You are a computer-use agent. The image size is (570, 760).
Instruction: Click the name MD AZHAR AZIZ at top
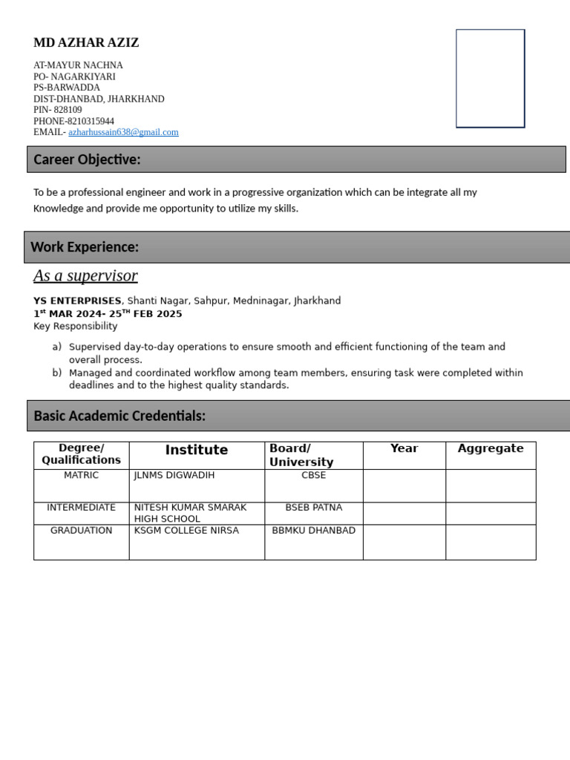(86, 43)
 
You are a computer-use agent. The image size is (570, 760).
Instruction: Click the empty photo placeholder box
(490, 79)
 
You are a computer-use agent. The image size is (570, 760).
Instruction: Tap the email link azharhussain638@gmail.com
(123, 132)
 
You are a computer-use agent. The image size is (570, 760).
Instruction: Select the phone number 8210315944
(91, 121)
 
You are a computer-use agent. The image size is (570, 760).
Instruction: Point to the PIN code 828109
(68, 110)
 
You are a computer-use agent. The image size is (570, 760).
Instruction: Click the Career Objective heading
(87, 160)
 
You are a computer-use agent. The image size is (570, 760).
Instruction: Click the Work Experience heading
(85, 247)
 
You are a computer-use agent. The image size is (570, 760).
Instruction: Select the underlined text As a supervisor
(85, 276)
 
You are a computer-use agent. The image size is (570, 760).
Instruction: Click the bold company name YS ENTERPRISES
(77, 301)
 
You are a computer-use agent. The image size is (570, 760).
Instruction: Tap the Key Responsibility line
(75, 326)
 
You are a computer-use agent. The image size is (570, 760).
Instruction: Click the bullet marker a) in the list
(57, 347)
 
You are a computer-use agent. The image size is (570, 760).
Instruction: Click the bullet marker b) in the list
(57, 373)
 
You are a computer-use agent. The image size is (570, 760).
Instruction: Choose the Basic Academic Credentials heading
(119, 416)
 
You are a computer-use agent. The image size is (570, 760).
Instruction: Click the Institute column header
(197, 450)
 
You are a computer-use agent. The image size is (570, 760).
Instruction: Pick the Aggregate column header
(491, 448)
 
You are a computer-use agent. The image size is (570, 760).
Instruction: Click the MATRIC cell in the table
(81, 475)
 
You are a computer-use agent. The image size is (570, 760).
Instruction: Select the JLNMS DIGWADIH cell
(174, 475)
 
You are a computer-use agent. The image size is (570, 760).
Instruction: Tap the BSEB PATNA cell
(314, 508)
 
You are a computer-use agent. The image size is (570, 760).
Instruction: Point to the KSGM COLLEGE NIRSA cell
(186, 531)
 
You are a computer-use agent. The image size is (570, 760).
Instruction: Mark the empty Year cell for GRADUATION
(404, 542)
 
